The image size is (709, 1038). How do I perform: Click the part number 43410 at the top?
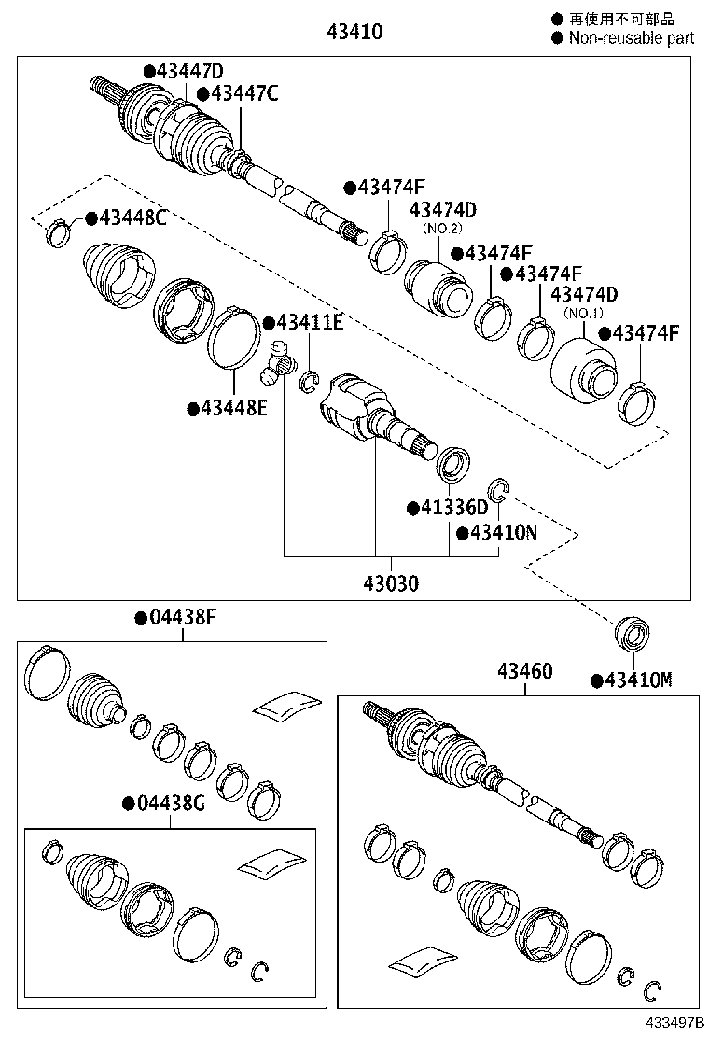354,33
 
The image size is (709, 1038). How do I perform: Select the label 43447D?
189,72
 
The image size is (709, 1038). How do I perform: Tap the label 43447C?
243,93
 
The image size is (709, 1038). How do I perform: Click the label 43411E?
310,323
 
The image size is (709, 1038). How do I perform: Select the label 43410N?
504,532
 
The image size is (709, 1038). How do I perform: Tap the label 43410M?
637,680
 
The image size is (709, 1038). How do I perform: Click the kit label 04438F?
182,617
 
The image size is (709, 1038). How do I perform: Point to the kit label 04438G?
169,804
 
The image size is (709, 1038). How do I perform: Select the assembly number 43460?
524,671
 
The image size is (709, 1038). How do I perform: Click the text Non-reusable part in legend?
631,38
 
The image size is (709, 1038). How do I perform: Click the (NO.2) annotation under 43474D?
443,228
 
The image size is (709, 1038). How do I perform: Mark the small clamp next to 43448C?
58,231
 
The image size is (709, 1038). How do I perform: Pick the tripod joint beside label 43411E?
277,362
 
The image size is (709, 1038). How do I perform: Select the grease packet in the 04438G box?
272,863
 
